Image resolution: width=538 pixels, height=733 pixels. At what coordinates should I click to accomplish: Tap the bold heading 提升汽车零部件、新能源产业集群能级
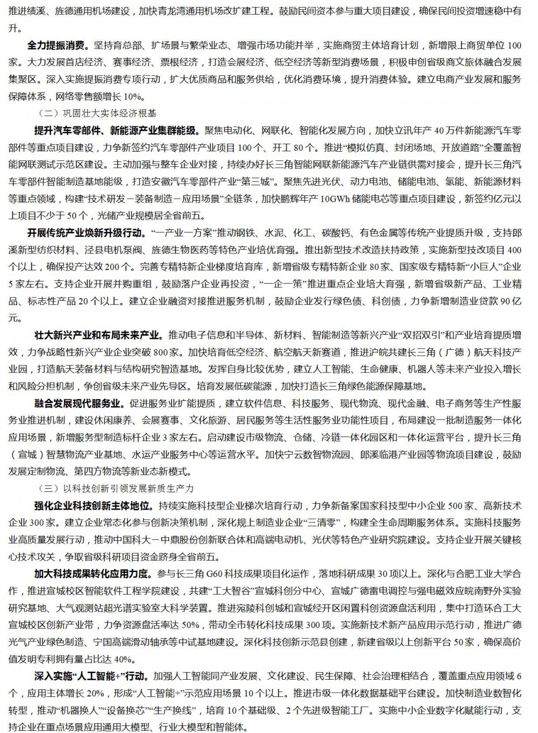coord(115,131)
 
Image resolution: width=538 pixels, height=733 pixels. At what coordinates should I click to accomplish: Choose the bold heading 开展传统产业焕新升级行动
coord(84,233)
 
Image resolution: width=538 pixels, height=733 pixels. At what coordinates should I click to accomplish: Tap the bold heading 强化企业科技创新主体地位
coord(89,506)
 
